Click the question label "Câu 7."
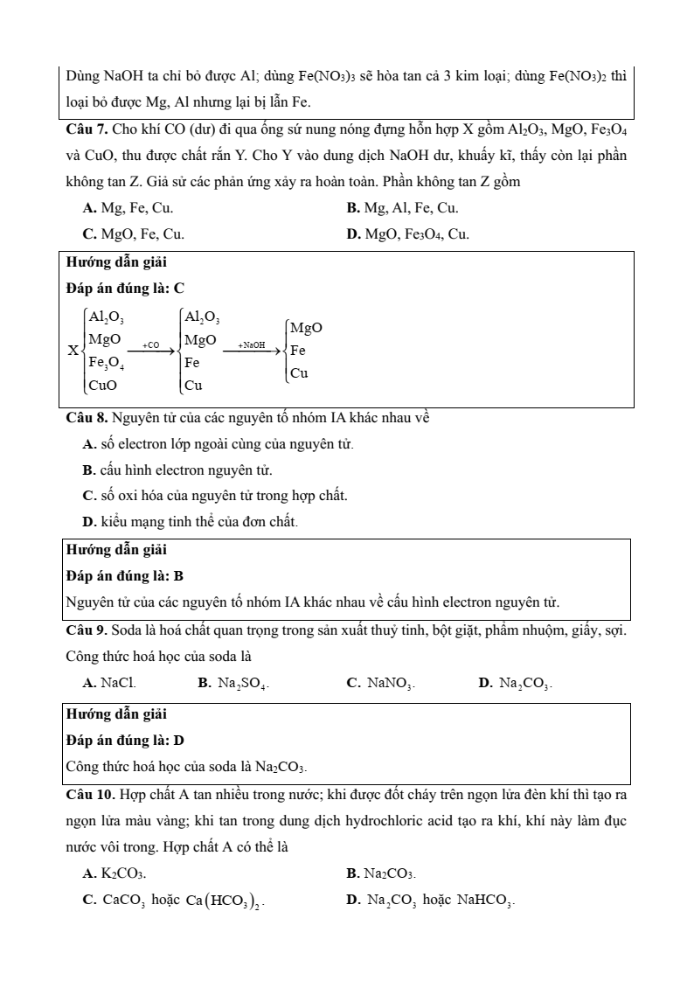coord(87,131)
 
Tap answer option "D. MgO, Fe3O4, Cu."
coord(407,234)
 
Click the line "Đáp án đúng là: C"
coord(125,288)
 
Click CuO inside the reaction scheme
coord(103,383)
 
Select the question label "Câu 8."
coord(87,418)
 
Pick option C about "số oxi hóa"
coord(214,496)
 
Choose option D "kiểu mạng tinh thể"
coord(190,522)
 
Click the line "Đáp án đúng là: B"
coord(125,576)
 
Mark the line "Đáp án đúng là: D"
coord(125,741)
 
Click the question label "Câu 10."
coord(90,796)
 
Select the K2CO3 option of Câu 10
coord(115,873)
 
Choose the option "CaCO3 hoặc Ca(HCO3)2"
coord(174,899)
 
